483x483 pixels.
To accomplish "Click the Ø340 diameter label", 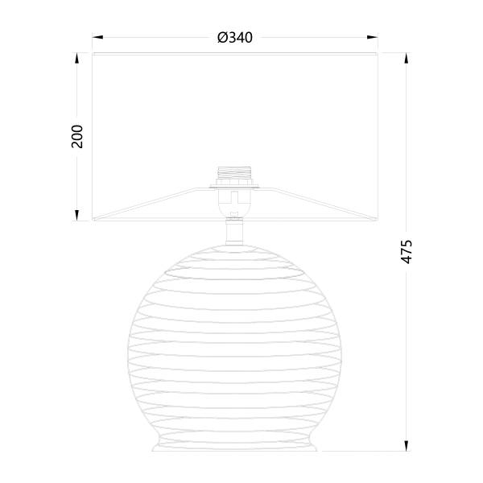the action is (x=235, y=38).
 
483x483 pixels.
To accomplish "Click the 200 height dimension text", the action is (x=77, y=137).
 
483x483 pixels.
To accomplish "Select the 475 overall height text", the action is (x=407, y=251).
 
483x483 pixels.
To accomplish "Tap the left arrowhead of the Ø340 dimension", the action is (x=97, y=37).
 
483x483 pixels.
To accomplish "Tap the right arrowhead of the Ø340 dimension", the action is (x=373, y=37).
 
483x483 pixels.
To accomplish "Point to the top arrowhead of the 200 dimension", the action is (x=77, y=58).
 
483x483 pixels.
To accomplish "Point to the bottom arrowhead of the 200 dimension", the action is (x=77, y=215).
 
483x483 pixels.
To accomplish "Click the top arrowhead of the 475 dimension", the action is (x=407, y=58).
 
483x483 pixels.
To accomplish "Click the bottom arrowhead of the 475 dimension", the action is (x=407, y=446).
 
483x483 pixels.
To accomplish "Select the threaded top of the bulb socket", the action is (x=234, y=173).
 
